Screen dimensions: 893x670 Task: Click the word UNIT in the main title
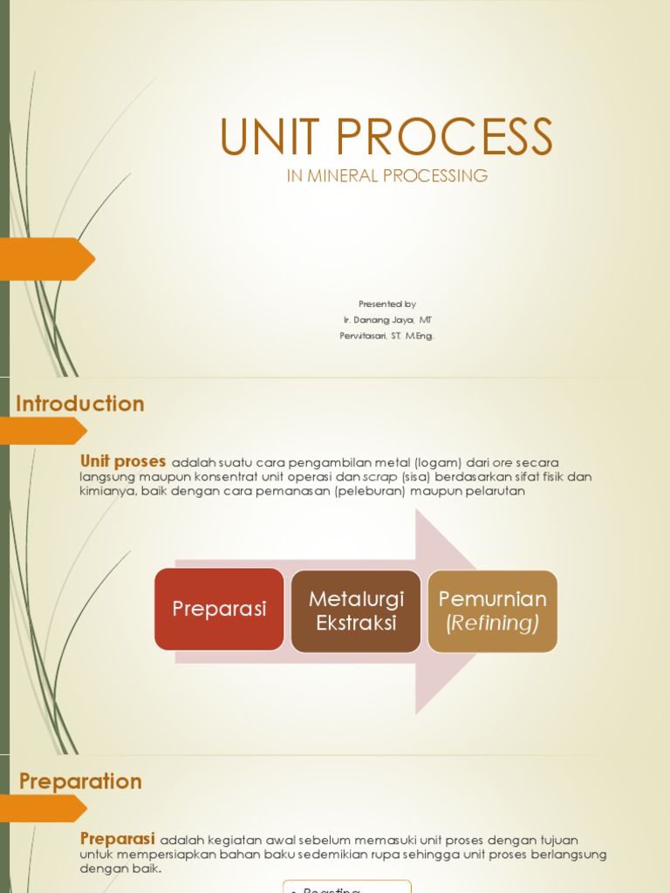click(x=269, y=137)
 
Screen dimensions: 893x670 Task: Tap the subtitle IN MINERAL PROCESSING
click(x=386, y=176)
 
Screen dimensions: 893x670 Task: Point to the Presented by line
click(x=386, y=304)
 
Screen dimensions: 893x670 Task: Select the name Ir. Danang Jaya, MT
click(x=386, y=320)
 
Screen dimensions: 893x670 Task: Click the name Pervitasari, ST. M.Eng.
click(x=386, y=336)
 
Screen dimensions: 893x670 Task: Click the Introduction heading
click(x=79, y=404)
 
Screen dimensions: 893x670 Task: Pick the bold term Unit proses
click(x=123, y=461)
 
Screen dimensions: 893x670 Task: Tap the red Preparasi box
click(x=219, y=609)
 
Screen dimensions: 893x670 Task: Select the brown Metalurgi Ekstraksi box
click(x=355, y=610)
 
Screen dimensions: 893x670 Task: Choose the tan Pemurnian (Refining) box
click(x=492, y=610)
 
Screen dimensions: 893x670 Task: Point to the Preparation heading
click(x=79, y=781)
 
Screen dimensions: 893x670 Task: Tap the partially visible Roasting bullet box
click(x=346, y=887)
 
